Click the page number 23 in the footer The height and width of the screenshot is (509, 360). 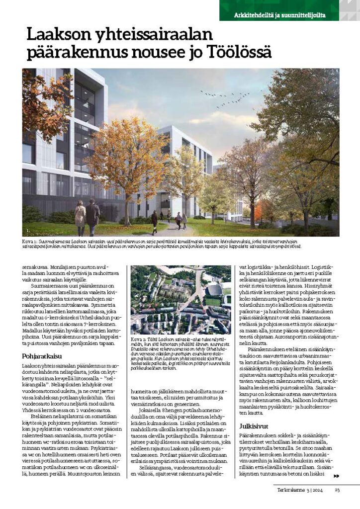[337, 490]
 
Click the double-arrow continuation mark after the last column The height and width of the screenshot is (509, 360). [336, 476]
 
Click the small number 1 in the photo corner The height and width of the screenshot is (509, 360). [28, 232]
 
